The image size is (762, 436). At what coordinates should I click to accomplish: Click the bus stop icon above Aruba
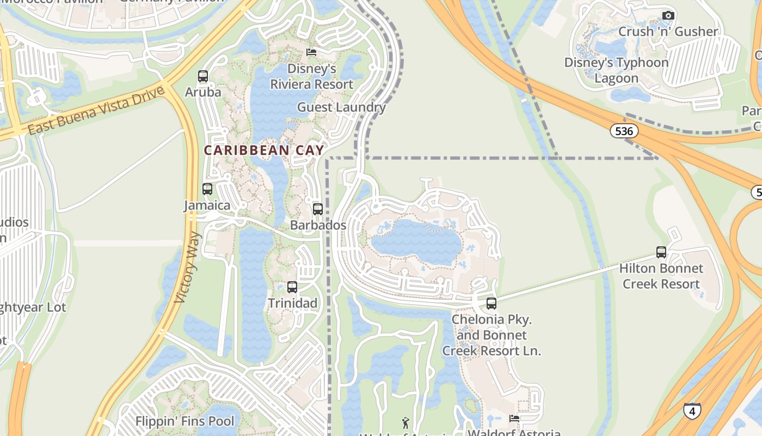pos(203,76)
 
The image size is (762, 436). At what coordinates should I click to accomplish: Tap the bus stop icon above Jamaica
pos(207,189)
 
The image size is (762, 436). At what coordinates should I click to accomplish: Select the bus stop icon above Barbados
pos(318,209)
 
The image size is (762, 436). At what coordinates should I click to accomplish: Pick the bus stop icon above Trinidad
pos(292,287)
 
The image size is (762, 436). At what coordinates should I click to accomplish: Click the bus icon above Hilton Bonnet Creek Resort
pos(661,252)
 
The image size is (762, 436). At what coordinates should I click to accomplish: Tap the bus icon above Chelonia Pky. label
pos(491,304)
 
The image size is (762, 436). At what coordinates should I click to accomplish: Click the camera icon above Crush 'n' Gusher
pos(668,16)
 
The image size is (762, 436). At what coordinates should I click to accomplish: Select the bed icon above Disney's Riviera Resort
pos(311,52)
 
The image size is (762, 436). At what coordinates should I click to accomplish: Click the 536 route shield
pos(624,131)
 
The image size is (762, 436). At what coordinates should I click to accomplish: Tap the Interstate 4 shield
pos(692,410)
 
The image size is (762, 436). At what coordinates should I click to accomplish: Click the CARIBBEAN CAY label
pos(264,150)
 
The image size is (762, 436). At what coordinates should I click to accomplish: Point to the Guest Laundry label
pos(341,107)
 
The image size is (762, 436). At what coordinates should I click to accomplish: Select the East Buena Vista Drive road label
pos(96,111)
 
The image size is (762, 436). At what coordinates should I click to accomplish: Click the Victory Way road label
pos(188,267)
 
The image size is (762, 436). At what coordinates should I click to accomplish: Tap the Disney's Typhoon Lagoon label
pos(616,70)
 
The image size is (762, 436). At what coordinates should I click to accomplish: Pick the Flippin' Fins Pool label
pos(185,421)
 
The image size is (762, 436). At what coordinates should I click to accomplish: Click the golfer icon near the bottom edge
pos(405,422)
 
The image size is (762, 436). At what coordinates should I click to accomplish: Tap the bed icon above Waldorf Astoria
pos(514,419)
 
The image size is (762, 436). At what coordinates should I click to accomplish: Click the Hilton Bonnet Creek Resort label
pos(661,276)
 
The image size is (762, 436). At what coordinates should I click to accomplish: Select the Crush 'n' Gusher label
pos(668,32)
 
